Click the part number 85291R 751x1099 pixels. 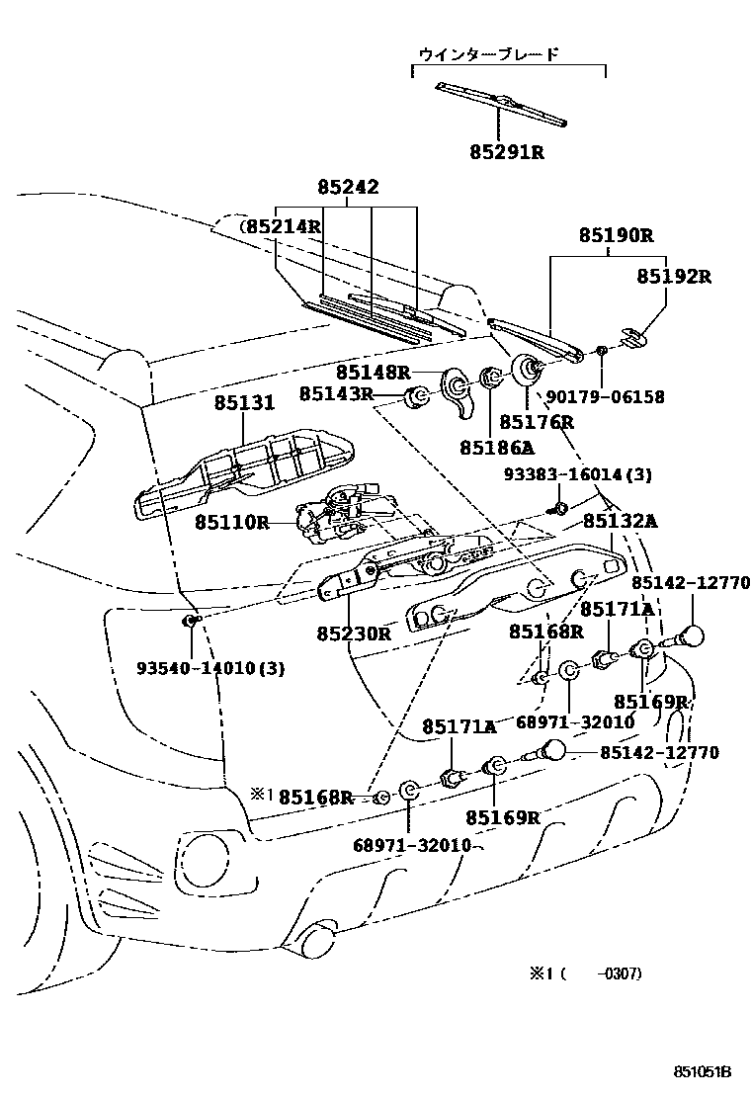tap(508, 152)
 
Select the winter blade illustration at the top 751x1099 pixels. tap(502, 104)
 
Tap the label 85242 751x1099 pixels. tap(348, 187)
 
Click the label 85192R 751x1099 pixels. tap(673, 276)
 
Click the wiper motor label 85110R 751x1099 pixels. tap(231, 521)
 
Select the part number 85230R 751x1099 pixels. tap(355, 633)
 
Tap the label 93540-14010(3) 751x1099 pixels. tap(210, 668)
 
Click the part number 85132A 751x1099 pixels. tap(620, 521)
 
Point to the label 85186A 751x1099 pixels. tap(496, 447)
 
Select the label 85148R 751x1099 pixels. tap(373, 372)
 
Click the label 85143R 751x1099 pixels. tap(336, 393)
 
